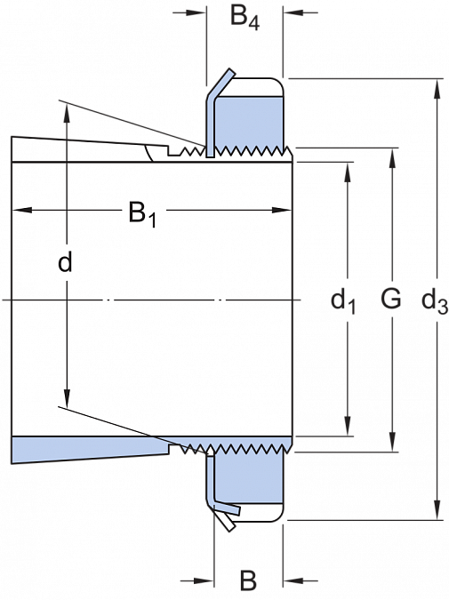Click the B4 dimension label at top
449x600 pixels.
pyautogui.click(x=245, y=17)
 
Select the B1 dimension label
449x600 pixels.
pyautogui.click(x=142, y=215)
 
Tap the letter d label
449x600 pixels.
pyautogui.click(x=65, y=262)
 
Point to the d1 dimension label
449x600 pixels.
pyautogui.click(x=343, y=302)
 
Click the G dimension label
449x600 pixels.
pyautogui.click(x=391, y=299)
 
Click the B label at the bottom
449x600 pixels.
pyautogui.click(x=248, y=580)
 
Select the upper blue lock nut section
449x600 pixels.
pyautogui.click(x=249, y=122)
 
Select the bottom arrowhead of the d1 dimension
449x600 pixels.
pyautogui.click(x=348, y=426)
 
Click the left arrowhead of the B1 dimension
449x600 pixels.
pyautogui.click(x=22, y=210)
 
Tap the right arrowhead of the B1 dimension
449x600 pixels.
pyautogui.click(x=282, y=210)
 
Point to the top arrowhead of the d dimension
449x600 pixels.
pyautogui.click(x=67, y=113)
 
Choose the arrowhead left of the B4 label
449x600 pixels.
pyautogui.click(x=196, y=12)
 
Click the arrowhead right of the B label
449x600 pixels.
pyautogui.click(x=293, y=581)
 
